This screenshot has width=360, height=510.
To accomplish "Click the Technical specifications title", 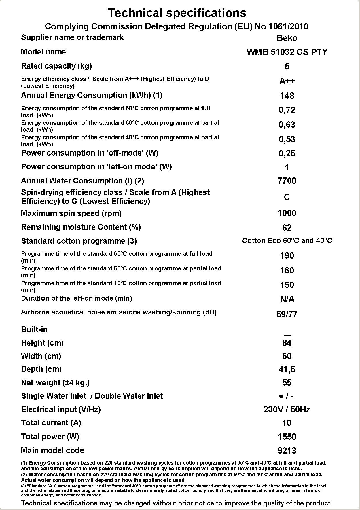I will tap(177, 13).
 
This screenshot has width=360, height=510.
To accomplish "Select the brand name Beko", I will tap(287, 38).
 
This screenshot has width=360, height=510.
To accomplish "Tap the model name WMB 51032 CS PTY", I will tap(287, 52).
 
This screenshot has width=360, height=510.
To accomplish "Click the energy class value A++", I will tap(287, 81).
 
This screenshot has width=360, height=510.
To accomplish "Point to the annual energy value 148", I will tap(287, 96).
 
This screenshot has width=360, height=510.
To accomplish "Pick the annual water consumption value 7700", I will tap(287, 181).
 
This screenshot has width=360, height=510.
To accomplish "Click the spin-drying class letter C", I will tap(287, 197).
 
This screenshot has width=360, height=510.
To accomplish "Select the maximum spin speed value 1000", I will tap(287, 213).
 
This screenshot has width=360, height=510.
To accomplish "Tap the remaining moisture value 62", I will tap(287, 228).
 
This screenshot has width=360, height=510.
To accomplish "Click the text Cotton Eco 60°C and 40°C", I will tap(287, 241).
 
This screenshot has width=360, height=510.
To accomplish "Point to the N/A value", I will tap(287, 299).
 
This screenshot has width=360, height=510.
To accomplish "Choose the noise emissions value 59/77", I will tap(287, 314).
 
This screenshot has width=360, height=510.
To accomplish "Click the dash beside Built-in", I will tap(287, 335).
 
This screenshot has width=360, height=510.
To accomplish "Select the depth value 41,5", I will tap(287, 369).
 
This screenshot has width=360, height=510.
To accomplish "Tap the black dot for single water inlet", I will tap(281, 397).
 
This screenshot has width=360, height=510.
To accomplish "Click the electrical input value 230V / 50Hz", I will tap(287, 409).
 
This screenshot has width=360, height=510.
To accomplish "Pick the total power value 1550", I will tap(287, 437).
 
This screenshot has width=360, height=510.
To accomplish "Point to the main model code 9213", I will tap(287, 451).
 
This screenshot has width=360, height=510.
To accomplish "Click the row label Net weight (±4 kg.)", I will tap(55, 383).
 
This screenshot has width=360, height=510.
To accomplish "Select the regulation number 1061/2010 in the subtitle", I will tap(288, 26).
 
